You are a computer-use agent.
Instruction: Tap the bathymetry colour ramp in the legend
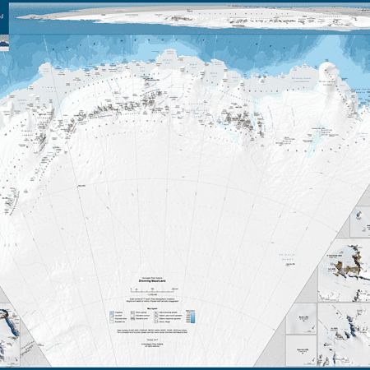pos(191,317)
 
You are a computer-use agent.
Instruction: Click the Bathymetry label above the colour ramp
pos(191,310)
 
